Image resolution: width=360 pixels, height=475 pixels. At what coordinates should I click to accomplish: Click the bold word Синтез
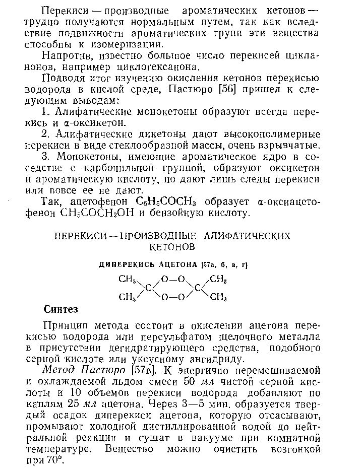tap(61, 309)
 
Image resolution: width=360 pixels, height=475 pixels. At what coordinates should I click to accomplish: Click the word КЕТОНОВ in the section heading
tap(172, 247)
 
